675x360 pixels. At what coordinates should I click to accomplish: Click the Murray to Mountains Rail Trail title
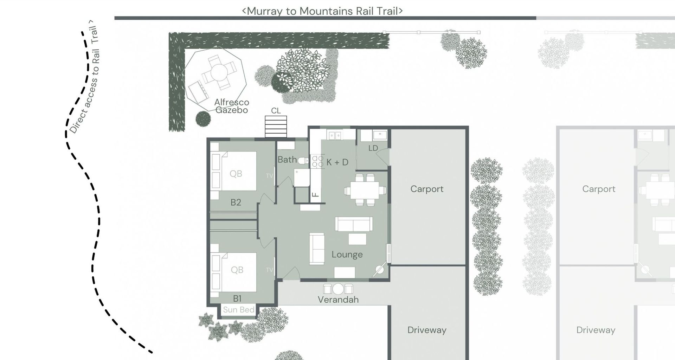[x=322, y=11]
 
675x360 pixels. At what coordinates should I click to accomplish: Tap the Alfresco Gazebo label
[x=232, y=106]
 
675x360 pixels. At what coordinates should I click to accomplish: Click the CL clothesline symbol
[x=276, y=127]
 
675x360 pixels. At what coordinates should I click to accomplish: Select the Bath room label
[x=287, y=160]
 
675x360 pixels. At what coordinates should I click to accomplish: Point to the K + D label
[x=337, y=162]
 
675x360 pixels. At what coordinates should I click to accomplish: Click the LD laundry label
[x=373, y=148]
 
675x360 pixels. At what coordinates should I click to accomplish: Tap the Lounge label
[x=347, y=255]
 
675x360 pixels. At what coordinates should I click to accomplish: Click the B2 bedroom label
[x=236, y=202]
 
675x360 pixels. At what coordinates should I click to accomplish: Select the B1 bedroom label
[x=237, y=298]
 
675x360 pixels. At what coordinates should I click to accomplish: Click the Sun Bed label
[x=238, y=310]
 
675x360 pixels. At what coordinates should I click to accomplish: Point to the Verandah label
[x=338, y=300]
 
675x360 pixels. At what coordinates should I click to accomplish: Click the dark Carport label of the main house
[x=427, y=189]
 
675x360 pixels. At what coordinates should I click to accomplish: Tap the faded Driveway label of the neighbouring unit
[x=596, y=330]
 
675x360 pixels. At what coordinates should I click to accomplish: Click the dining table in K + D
[x=365, y=190]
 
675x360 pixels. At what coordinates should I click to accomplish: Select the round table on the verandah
[x=338, y=289]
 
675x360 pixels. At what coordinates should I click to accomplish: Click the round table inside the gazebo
[x=219, y=72]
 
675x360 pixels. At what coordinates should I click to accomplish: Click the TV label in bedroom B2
[x=269, y=175]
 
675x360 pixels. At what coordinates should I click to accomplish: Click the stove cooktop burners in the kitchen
[x=318, y=161]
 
